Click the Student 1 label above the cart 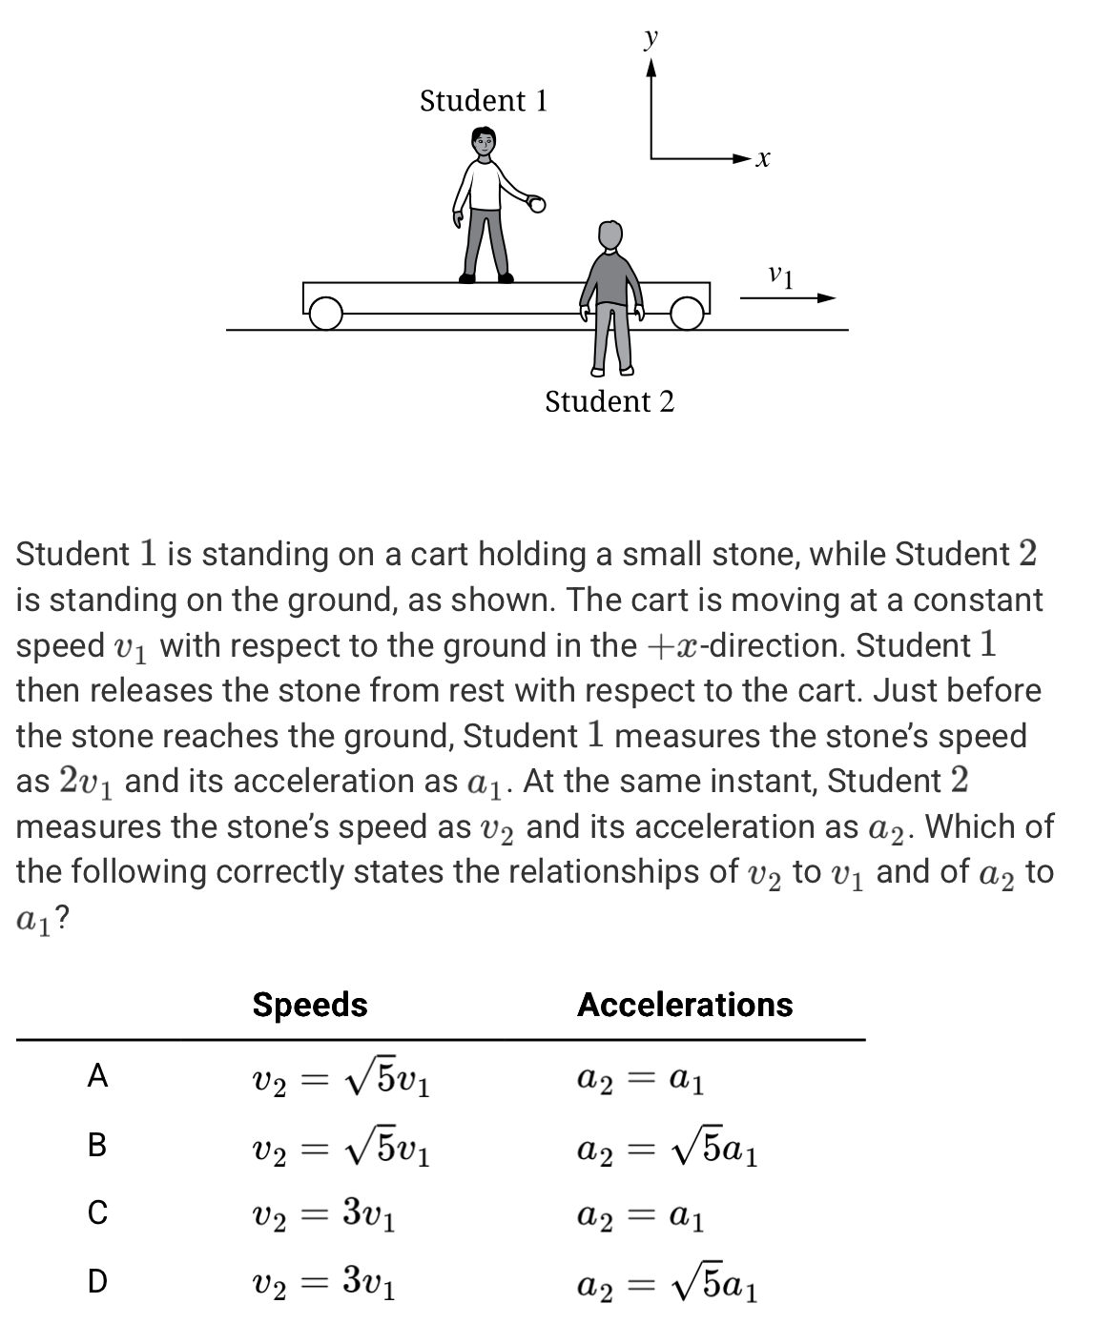point(484,101)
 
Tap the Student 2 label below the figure point(609,402)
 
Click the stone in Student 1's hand point(537,203)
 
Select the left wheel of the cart point(326,312)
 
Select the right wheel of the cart point(686,312)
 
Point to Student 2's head point(609,234)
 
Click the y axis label point(651,37)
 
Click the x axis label point(762,159)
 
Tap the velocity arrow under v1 point(788,297)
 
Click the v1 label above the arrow point(780,276)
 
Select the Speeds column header point(310,1005)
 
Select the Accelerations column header point(685,1005)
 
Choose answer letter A point(97,1076)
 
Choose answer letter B point(97,1144)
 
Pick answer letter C point(97,1212)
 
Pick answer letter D point(97,1281)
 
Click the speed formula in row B point(341,1148)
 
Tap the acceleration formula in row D point(669,1286)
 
